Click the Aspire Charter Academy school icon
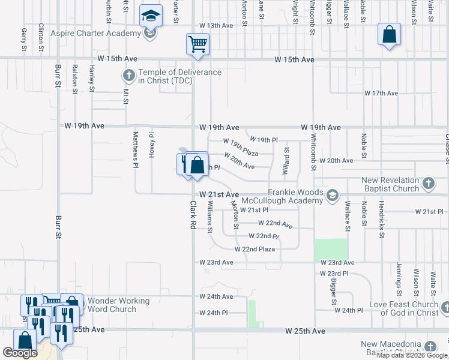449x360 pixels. coord(151,15)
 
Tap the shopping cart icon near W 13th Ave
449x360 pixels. coord(197,44)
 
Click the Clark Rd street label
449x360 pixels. coord(193,215)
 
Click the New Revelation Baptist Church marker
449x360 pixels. coord(428,184)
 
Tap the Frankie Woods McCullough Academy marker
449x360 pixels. coord(332,194)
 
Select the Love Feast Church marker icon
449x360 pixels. coord(444,308)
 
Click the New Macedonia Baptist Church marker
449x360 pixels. coord(430,347)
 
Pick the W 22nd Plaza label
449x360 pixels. coord(255,249)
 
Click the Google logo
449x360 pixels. coord(20,353)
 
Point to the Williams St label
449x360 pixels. coord(209,217)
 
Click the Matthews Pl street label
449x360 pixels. coord(136,149)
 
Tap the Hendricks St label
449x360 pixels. coord(381,217)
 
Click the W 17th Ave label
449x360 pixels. coord(381,94)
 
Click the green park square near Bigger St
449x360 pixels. coord(331,250)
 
